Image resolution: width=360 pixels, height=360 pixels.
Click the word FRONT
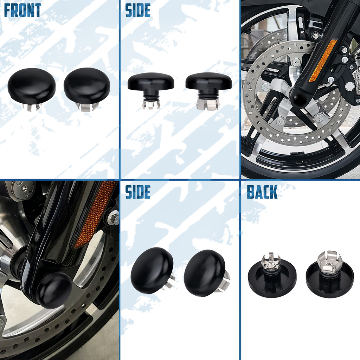(x=22, y=10)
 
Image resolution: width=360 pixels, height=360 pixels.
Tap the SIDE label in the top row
(x=138, y=10)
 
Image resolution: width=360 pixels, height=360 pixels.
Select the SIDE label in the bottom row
(x=138, y=192)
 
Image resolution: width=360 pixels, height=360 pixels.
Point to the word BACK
(x=262, y=192)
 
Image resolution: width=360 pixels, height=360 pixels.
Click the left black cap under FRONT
(x=31, y=85)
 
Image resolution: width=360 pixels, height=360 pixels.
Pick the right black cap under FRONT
(x=87, y=85)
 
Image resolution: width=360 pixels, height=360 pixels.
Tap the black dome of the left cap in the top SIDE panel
(x=151, y=82)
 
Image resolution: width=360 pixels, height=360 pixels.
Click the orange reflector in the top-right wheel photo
(x=323, y=60)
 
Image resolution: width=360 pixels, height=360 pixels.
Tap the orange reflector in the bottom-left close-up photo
(x=95, y=213)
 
